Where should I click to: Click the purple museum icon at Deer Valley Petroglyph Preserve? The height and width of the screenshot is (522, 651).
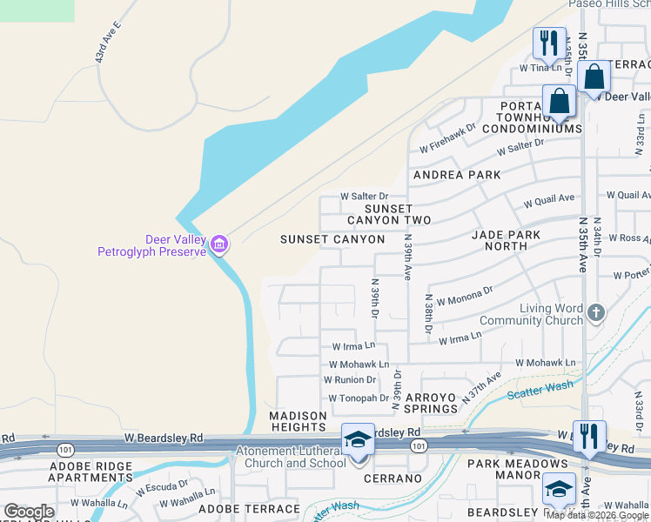(x=218, y=244)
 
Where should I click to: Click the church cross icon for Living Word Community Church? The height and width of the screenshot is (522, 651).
(x=596, y=312)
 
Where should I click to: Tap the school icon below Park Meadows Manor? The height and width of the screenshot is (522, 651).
(x=559, y=489)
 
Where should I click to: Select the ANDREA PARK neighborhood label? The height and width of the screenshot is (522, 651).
(x=457, y=175)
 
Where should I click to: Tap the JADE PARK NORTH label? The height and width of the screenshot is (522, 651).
(x=506, y=240)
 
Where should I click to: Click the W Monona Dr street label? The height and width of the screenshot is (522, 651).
(x=465, y=296)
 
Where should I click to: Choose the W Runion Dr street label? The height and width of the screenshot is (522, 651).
(x=349, y=380)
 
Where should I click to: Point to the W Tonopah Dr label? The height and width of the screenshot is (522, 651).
(x=359, y=398)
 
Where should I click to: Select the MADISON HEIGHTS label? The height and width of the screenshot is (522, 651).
(x=298, y=421)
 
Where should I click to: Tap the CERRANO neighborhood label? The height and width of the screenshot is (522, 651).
(x=392, y=478)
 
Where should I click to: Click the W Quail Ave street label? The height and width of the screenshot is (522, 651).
(x=548, y=201)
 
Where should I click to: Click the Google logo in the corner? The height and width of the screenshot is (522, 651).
(x=29, y=512)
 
